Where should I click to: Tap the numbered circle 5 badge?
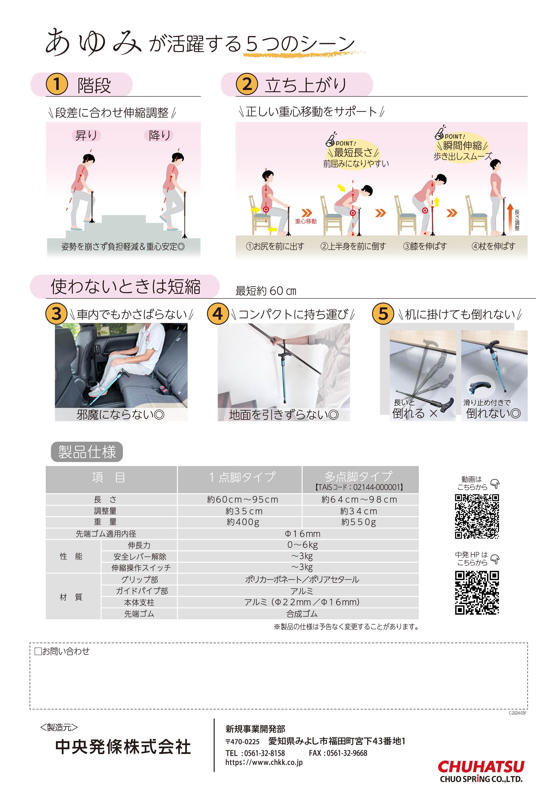383,313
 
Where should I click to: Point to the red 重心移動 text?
306,221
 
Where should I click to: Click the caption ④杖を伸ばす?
493,246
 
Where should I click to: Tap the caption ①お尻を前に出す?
275,246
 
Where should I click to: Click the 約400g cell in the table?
243,522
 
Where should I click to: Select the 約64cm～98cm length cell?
359,499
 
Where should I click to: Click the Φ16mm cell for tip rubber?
302,533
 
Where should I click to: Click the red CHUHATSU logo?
481,767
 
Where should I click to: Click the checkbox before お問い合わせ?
38,651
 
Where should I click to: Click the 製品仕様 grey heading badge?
87,452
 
